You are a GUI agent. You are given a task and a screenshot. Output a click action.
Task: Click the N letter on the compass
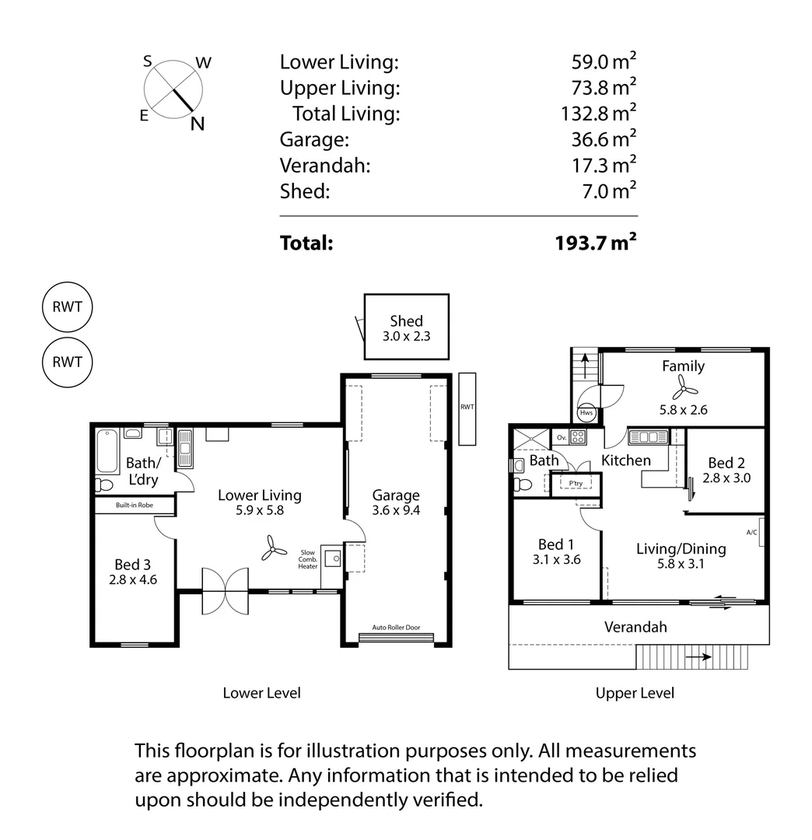198,124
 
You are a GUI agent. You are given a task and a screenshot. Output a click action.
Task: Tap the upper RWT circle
67,306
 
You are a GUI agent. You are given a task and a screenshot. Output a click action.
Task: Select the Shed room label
406,321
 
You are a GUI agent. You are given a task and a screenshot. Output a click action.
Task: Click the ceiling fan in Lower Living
271,548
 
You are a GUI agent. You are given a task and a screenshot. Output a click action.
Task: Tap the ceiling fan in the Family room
681,387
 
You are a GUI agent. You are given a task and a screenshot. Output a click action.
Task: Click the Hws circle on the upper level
586,412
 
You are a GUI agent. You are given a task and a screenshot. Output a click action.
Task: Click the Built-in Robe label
135,506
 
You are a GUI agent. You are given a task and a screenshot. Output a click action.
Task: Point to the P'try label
576,483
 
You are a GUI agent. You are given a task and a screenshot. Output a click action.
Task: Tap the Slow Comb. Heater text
308,559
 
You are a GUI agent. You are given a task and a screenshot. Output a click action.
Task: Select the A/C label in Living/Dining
751,533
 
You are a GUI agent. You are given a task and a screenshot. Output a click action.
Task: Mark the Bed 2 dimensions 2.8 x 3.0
726,478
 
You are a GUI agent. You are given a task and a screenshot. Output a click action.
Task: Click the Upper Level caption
635,693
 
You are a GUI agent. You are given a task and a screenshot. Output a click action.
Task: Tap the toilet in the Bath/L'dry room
104,485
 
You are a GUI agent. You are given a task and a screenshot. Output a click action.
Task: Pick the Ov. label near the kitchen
561,437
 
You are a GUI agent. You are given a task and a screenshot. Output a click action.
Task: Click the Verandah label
635,627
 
